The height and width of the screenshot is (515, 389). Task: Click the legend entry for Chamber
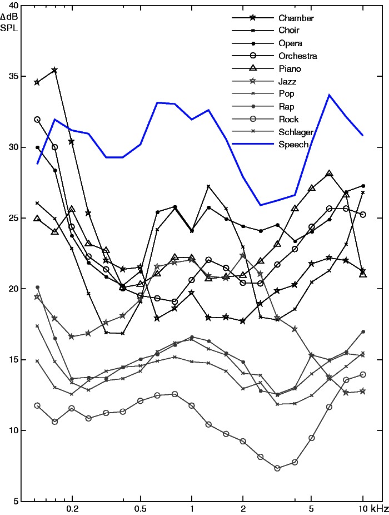(296, 18)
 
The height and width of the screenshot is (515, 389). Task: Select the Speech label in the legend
(293, 144)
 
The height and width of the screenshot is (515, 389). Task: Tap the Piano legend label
(290, 68)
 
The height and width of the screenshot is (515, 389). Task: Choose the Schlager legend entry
(296, 132)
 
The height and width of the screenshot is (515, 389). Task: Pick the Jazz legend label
(288, 81)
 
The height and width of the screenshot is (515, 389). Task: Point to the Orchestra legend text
(298, 56)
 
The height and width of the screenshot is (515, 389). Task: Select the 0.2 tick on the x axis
(72, 508)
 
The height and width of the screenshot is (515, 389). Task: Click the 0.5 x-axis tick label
(141, 508)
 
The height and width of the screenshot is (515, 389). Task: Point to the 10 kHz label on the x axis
(369, 508)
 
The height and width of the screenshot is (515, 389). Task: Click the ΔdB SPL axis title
(16, 22)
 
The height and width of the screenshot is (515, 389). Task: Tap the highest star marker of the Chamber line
(54, 70)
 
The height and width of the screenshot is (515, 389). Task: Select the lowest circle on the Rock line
(277, 468)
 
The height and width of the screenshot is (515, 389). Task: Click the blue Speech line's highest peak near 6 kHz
(329, 95)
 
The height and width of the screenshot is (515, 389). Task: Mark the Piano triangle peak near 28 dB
(329, 174)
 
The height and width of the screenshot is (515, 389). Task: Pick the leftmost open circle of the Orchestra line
(37, 119)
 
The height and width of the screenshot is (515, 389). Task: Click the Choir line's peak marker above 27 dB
(208, 186)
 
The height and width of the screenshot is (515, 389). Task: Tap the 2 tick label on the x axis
(243, 508)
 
